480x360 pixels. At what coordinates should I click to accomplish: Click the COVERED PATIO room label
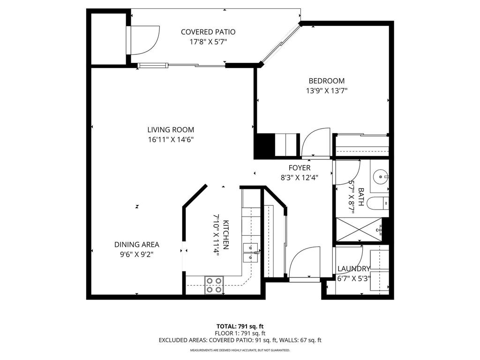click(208, 32)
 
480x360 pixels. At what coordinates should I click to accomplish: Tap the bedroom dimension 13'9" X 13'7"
click(326, 90)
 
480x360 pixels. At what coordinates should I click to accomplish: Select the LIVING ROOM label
click(171, 130)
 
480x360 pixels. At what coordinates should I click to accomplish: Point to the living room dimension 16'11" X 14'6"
click(171, 139)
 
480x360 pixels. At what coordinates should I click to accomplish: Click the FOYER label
click(299, 168)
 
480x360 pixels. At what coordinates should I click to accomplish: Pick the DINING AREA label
click(136, 244)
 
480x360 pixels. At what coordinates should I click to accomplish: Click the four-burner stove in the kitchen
click(214, 285)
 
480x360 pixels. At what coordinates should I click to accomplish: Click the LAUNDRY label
click(354, 269)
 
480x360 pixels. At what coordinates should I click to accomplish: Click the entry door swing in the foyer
click(303, 263)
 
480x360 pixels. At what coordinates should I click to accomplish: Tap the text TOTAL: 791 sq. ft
click(240, 326)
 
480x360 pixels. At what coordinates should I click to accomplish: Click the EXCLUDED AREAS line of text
click(240, 340)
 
